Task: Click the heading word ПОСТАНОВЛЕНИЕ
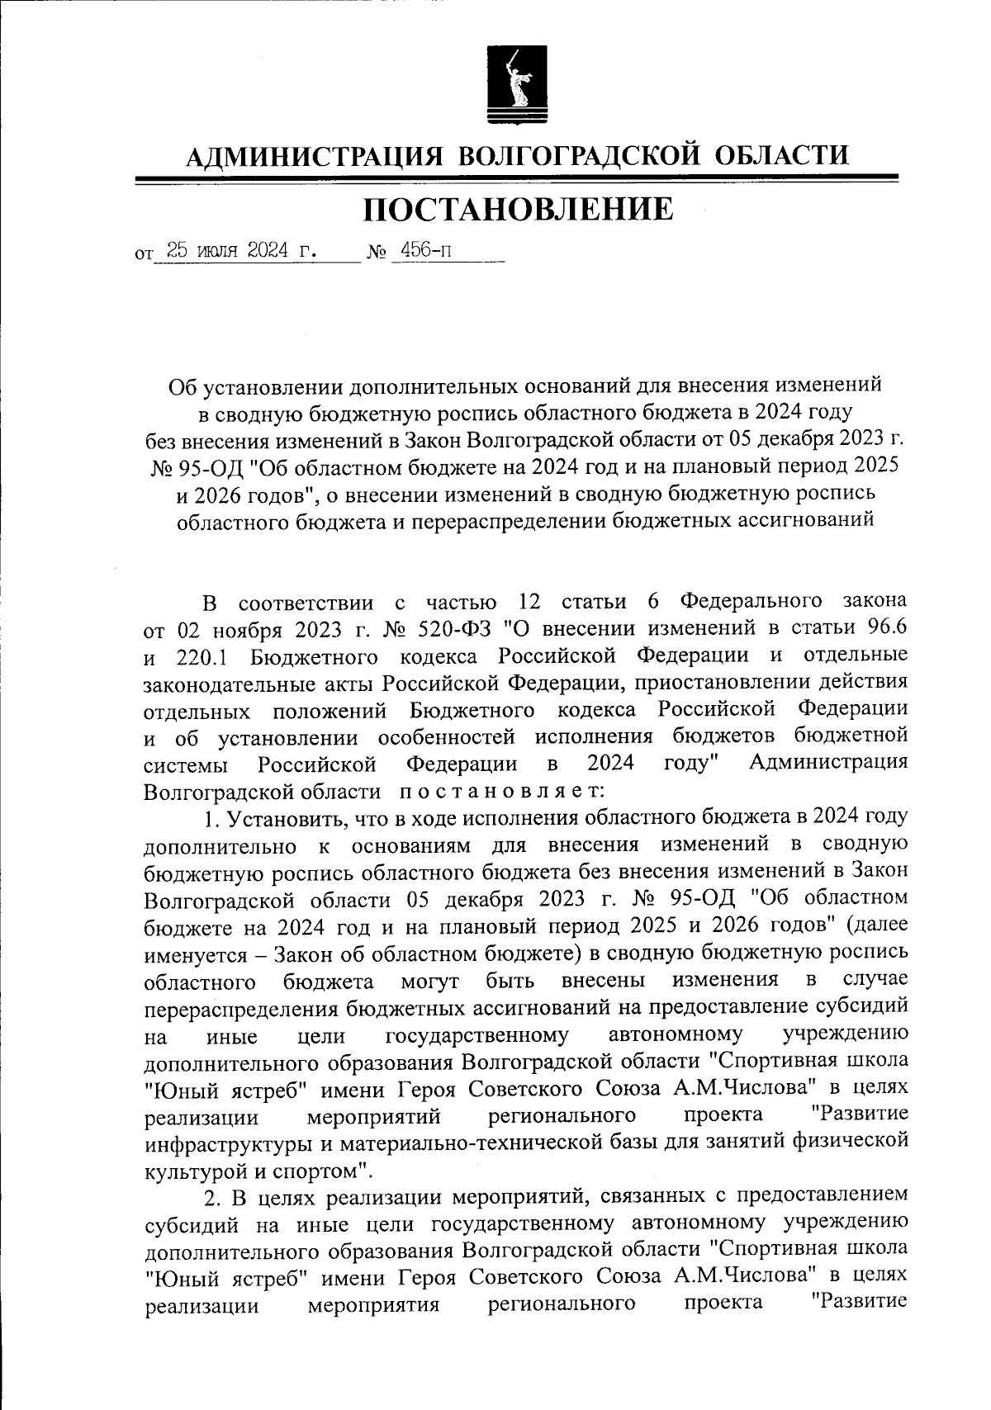point(518,211)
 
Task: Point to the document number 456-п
point(424,251)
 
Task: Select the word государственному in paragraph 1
point(477,1035)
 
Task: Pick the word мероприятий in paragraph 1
point(372,1117)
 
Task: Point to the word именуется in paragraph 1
point(193,954)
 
